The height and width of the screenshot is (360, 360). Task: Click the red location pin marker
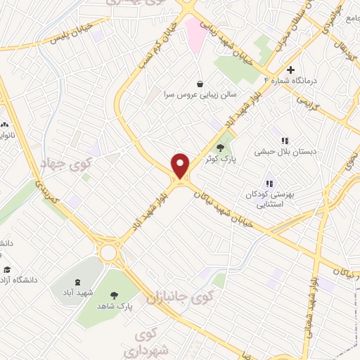pyautogui.click(x=181, y=165)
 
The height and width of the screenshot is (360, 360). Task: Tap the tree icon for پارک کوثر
pyautogui.click(x=221, y=148)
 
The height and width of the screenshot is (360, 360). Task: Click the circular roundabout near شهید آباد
pyautogui.click(x=108, y=252)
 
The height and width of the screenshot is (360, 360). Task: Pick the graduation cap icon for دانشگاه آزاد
pyautogui.click(x=8, y=270)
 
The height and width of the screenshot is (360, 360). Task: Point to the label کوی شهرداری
pyautogui.click(x=148, y=340)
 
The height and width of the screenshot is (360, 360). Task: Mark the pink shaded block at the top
pyautogui.click(x=195, y=34)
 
